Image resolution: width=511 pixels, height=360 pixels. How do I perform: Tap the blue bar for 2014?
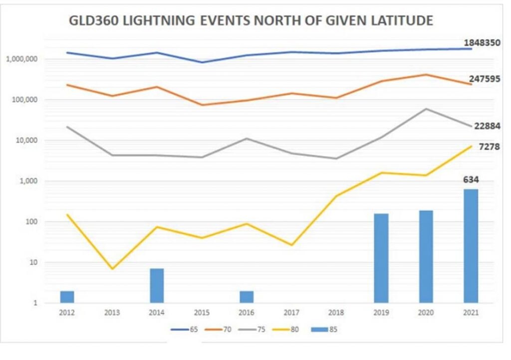point(157,285)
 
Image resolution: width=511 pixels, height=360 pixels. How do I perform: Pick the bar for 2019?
point(381,258)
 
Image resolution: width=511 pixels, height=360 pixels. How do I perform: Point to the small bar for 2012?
point(67,297)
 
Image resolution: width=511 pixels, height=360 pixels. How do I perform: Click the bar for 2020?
point(426,256)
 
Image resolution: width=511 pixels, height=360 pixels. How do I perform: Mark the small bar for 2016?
point(247,297)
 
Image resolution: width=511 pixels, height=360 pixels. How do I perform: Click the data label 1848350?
point(478,43)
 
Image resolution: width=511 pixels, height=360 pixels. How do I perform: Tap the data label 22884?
point(487,126)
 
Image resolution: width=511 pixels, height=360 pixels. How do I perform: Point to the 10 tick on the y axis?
point(35,262)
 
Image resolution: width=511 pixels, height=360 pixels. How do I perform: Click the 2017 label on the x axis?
point(291,313)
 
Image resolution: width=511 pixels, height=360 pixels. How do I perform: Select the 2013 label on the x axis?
point(112,313)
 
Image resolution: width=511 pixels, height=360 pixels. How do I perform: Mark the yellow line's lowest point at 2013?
point(112,269)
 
